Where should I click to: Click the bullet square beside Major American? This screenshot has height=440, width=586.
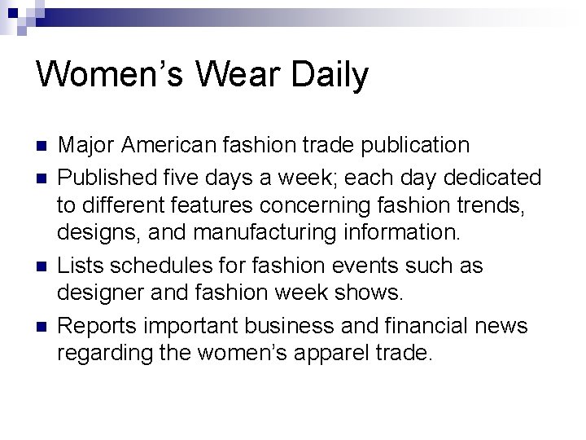click(x=41, y=147)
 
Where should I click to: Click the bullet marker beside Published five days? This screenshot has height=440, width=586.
click(x=41, y=177)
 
